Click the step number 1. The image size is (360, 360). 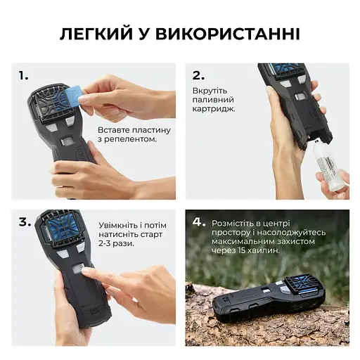(23, 75)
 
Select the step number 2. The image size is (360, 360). (199, 75)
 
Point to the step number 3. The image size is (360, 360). (25, 221)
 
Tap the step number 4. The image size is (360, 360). (200, 221)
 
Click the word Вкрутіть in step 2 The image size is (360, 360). (209, 91)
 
